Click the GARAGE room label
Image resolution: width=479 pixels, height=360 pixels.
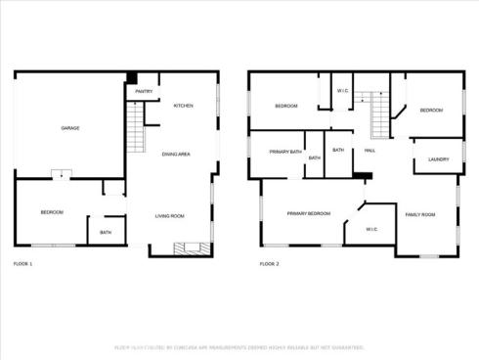[70, 128]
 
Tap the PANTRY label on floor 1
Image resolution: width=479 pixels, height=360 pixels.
[144, 91]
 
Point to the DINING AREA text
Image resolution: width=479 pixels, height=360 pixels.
[176, 154]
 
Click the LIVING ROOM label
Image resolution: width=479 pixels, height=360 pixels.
[170, 215]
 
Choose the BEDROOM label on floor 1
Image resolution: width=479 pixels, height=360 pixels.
[52, 212]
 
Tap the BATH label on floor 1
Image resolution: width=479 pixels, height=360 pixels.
[106, 232]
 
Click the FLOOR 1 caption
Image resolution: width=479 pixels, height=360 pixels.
[22, 264]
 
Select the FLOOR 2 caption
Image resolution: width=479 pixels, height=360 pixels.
[269, 264]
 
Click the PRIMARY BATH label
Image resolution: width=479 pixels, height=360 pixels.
[285, 151]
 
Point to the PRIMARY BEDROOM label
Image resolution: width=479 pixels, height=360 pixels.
[308, 212]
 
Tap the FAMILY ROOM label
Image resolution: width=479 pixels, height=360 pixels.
[420, 213]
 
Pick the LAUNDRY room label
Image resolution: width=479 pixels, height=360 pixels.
[438, 158]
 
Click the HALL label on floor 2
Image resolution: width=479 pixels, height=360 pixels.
[370, 150]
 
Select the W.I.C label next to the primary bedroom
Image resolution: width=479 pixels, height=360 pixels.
[371, 229]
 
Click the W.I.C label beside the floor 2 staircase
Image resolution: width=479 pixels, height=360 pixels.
[342, 91]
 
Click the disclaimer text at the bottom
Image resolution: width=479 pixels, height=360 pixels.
[239, 347]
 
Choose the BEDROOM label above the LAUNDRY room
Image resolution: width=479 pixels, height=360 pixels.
[431, 111]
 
